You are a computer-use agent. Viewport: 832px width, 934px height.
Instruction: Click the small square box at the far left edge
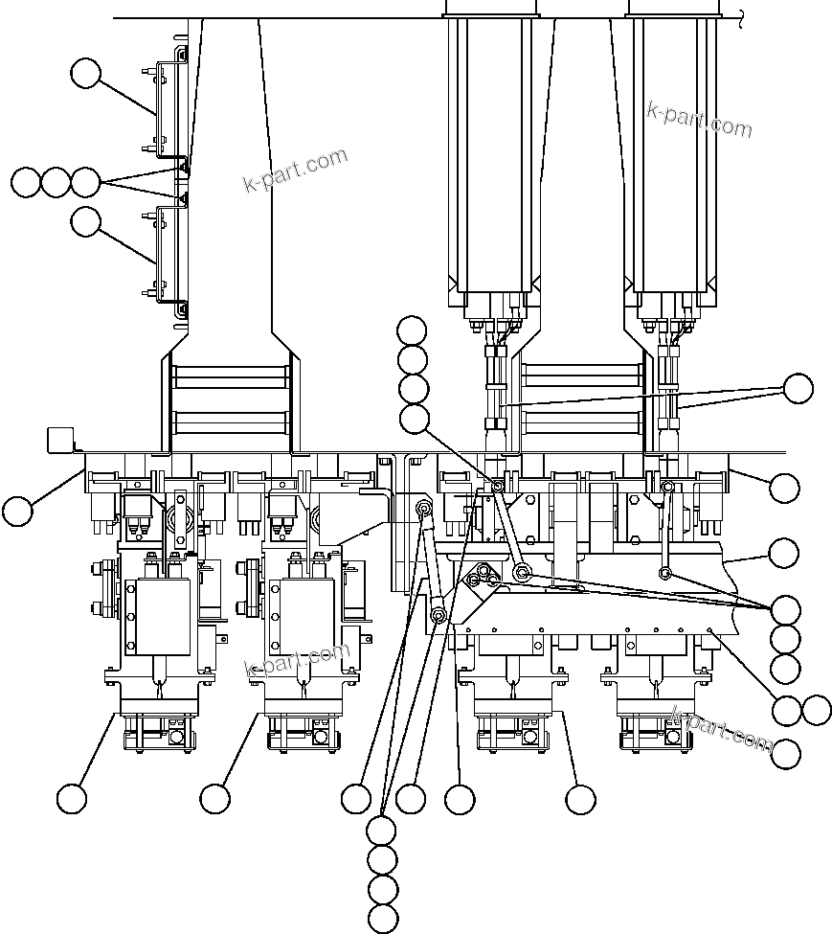[60, 440]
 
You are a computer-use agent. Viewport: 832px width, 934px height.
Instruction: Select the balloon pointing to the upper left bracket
[86, 74]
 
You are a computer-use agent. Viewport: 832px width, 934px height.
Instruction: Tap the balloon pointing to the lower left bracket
[86, 222]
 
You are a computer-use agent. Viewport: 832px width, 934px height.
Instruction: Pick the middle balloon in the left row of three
[56, 182]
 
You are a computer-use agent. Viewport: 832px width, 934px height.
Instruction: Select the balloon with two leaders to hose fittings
[798, 389]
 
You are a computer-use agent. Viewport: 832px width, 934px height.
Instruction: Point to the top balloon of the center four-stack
[413, 330]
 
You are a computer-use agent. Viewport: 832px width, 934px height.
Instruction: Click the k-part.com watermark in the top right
[699, 119]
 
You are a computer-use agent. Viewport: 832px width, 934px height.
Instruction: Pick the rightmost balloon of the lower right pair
[817, 710]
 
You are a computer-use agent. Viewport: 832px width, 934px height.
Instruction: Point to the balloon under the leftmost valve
[72, 798]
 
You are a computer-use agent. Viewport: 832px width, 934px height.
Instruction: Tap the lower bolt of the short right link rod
[664, 573]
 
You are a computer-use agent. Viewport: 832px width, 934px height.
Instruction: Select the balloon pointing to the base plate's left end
[17, 511]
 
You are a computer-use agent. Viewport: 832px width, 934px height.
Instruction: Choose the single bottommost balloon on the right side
[786, 754]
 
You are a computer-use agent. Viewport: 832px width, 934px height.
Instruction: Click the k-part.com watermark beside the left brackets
[295, 171]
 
